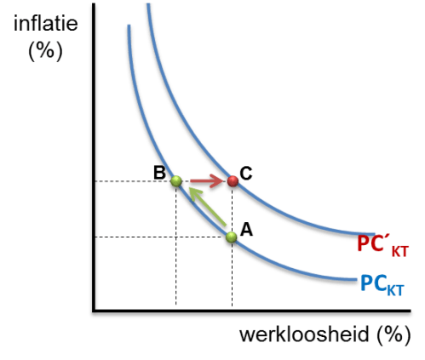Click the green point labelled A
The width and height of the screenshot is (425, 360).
232,237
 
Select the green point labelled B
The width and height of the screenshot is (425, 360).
176,181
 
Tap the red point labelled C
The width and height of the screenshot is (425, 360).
233,181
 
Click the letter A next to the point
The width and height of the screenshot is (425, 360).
246,230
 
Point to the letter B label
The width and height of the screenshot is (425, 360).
159,173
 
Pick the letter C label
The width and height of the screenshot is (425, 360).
246,173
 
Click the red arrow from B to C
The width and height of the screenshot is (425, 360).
207,181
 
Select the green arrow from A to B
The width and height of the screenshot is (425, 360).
208,207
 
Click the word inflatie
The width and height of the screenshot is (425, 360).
46,23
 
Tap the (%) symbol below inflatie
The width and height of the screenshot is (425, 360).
45,50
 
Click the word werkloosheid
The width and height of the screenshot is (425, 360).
304,334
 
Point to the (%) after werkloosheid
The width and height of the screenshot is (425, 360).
393,335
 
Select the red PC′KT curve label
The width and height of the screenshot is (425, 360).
382,246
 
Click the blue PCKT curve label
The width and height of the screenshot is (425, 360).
382,285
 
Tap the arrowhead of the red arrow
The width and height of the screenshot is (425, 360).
217,181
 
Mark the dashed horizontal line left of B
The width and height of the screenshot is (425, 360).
133,181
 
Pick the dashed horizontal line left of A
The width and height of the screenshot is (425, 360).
161,237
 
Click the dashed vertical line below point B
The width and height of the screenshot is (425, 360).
176,246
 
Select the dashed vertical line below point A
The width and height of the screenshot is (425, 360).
232,274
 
